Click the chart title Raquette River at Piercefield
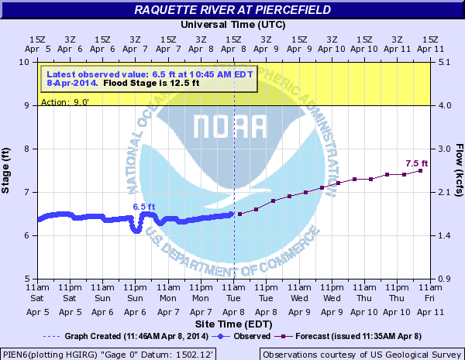pos(232,9)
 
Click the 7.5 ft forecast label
pos(416,163)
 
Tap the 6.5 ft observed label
pos(144,207)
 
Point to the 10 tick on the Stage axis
pos(26,62)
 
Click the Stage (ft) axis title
pos(7,170)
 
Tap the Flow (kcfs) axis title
pos(459,170)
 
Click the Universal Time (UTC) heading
pos(232,24)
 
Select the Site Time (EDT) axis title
pos(232,321)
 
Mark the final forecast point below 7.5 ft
pos(421,170)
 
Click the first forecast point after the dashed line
pos(240,214)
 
